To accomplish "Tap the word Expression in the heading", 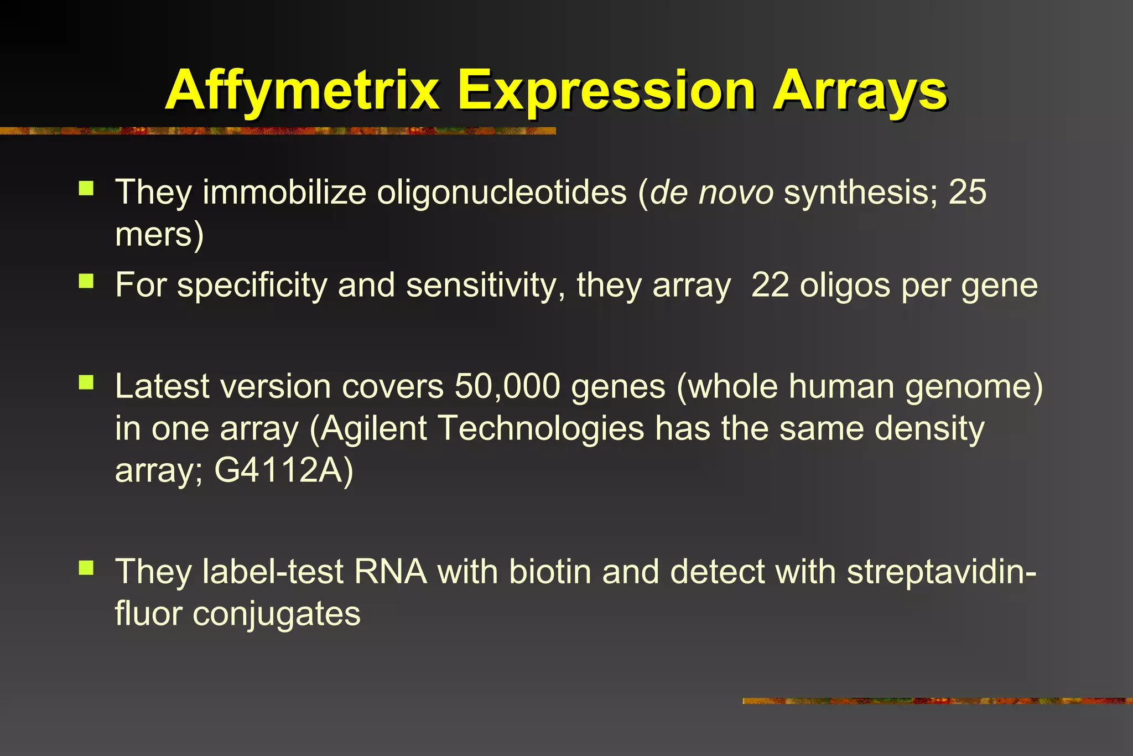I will pos(606,91).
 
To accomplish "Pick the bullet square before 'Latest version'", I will pos(86,382).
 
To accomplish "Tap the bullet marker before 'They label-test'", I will pos(86,568).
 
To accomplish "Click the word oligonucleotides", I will pos(502,192).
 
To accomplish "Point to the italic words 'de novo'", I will pos(711,192).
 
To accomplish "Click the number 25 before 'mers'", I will pos(968,192).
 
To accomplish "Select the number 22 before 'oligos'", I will pos(770,286).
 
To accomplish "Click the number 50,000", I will pos(507,386).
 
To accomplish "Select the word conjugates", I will pos(276,614).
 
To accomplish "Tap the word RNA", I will pos(391,572).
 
